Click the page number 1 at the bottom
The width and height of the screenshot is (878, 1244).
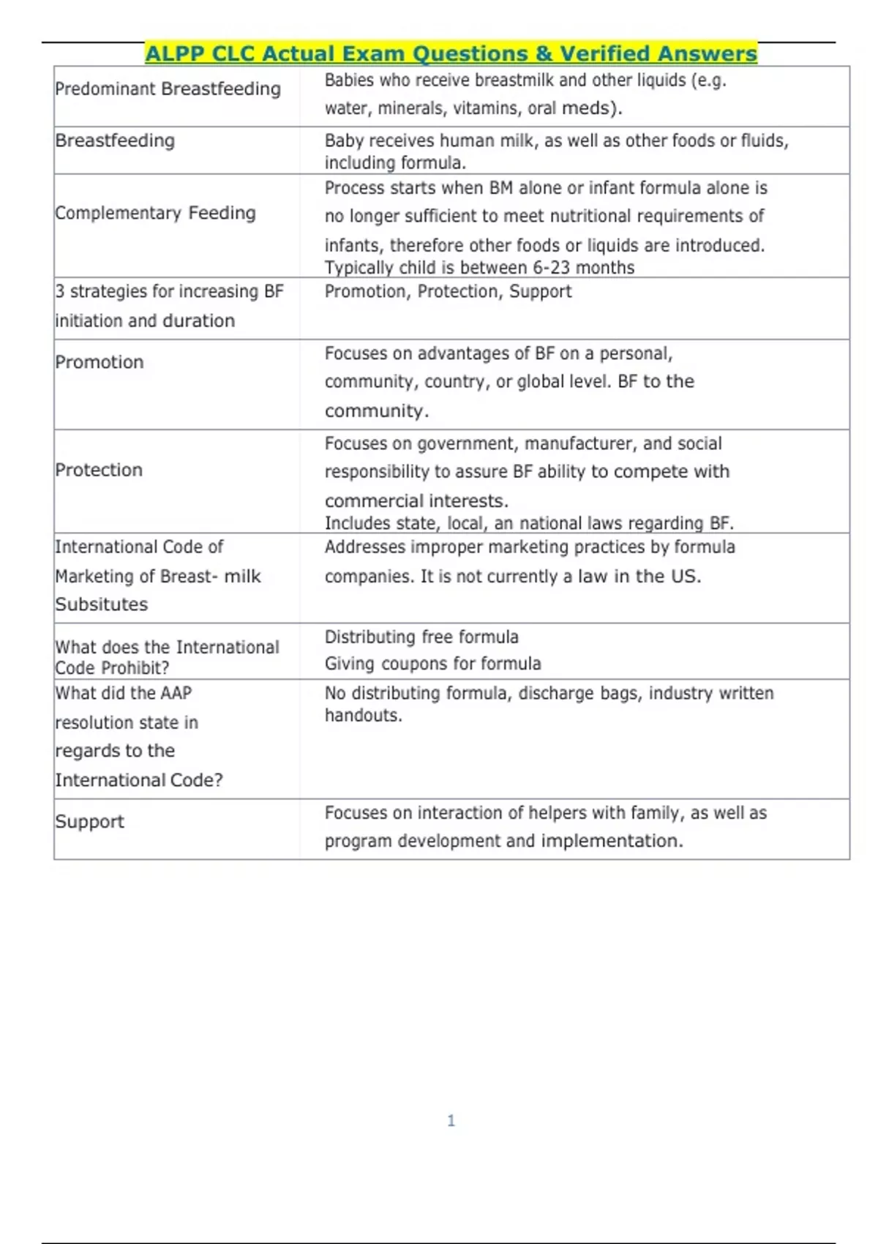(451, 1120)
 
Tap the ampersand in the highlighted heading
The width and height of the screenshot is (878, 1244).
(544, 53)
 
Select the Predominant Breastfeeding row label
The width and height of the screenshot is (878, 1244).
(168, 89)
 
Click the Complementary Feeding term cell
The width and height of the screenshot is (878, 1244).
(155, 213)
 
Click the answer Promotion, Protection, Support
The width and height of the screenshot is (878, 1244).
(448, 291)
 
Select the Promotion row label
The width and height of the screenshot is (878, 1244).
(100, 362)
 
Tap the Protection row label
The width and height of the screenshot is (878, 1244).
(99, 470)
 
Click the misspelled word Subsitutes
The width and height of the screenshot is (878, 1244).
(102, 604)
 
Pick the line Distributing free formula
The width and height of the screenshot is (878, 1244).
(421, 637)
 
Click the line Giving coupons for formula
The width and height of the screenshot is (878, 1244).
(432, 664)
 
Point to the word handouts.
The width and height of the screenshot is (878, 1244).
(363, 715)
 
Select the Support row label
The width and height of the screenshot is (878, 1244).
(89, 821)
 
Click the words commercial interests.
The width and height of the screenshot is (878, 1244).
(416, 501)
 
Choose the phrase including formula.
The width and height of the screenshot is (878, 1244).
(395, 162)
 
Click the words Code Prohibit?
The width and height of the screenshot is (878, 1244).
(112, 668)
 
